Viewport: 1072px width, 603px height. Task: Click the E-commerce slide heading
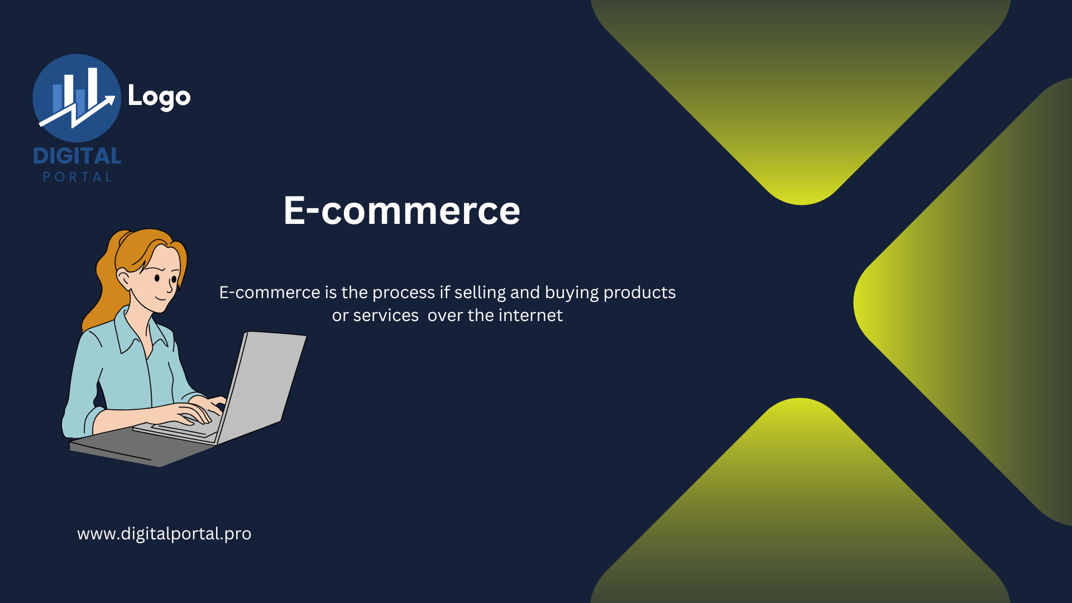click(401, 210)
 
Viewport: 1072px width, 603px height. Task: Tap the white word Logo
click(159, 97)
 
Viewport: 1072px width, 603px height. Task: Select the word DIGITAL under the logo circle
click(77, 156)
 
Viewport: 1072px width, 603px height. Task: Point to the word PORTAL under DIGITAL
click(78, 177)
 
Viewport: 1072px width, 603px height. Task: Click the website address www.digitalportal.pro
click(164, 534)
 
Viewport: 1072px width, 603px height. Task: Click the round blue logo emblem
click(76, 98)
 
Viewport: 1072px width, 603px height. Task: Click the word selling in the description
click(480, 293)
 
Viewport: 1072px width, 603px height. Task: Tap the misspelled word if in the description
click(444, 292)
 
